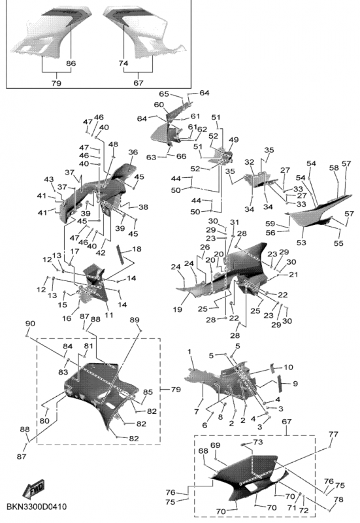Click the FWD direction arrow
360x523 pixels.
tap(33, 488)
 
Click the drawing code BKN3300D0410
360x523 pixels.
tap(37, 507)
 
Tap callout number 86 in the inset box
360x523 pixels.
tap(71, 63)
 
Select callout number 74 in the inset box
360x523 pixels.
tap(123, 63)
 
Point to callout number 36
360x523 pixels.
tap(133, 152)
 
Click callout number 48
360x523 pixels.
tap(113, 144)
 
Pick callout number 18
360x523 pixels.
tap(137, 249)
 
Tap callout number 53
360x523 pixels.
tap(301, 242)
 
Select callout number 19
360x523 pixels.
tap(178, 309)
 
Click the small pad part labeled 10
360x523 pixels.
tap(272, 368)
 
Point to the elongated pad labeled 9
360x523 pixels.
tap(281, 383)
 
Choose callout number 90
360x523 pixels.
tap(30, 324)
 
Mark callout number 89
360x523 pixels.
tap(135, 320)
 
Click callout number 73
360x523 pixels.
tap(258, 442)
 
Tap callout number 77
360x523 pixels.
tap(333, 434)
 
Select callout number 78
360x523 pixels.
tap(338, 499)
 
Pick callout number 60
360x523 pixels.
tap(159, 105)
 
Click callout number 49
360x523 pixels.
tap(234, 139)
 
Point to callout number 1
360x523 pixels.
tap(189, 352)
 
